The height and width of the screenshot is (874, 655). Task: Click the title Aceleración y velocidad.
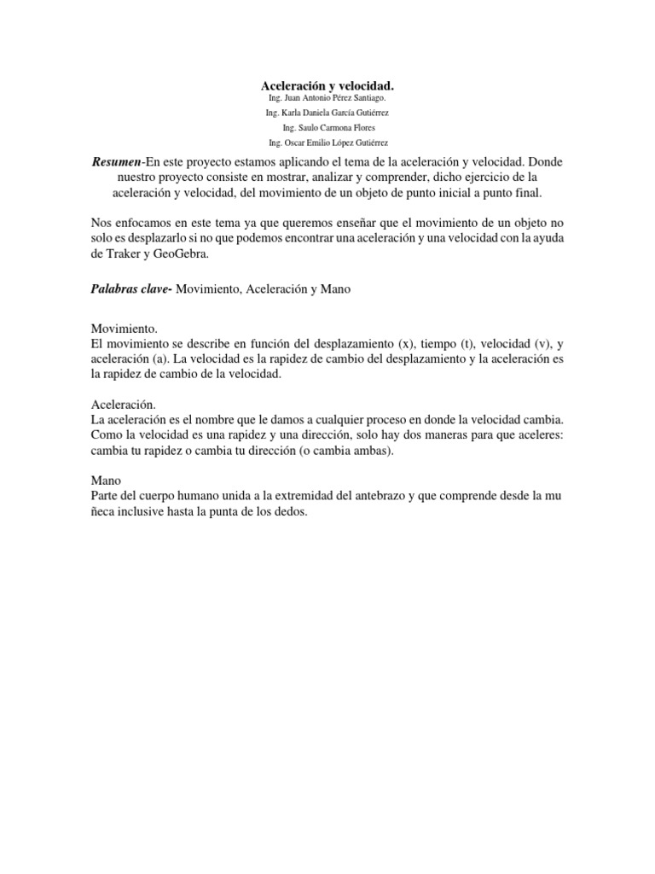327,86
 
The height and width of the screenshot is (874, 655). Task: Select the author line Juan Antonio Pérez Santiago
327,99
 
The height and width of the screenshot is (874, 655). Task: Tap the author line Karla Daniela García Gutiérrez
327,114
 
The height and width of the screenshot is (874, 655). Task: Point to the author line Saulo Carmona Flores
327,128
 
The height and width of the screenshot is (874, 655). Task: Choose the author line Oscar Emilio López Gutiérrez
327,143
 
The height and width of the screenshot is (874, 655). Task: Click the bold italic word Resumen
116,161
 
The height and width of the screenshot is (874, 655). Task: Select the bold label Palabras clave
131,289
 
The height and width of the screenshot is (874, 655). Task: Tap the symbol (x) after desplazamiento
406,343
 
